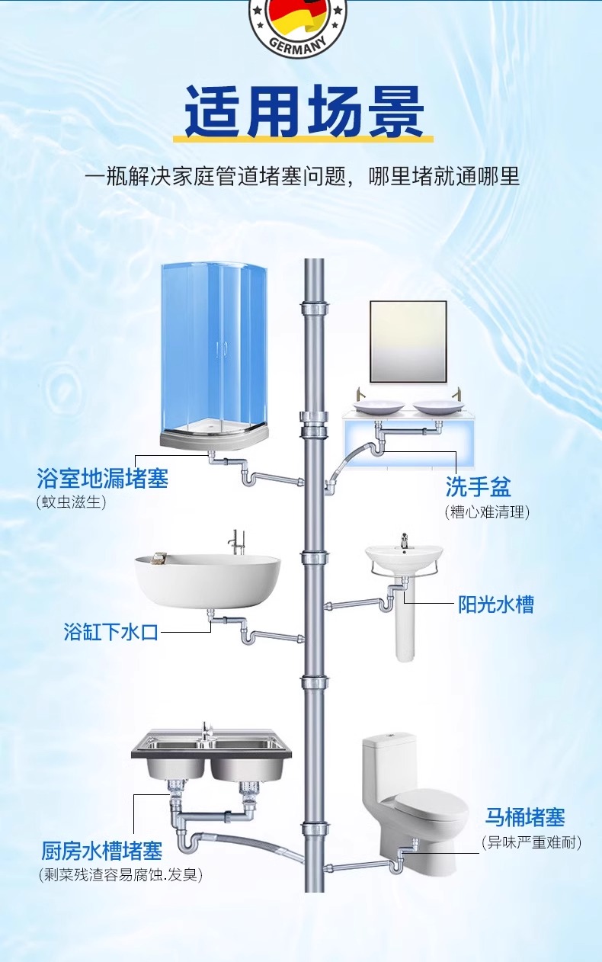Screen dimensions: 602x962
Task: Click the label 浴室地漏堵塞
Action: tap(102, 479)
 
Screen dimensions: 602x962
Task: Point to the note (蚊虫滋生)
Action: tap(71, 502)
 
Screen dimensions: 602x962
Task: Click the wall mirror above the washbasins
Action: tap(408, 342)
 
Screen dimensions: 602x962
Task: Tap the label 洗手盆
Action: tap(478, 486)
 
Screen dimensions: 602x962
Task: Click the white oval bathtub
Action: tap(207, 579)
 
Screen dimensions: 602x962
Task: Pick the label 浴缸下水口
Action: tap(111, 632)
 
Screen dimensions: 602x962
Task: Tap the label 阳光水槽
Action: tap(495, 604)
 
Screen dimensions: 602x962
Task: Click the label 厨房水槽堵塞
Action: tap(102, 850)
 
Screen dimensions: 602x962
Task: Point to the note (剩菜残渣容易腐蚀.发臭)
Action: tap(120, 874)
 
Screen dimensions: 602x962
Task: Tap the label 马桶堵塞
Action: tap(525, 818)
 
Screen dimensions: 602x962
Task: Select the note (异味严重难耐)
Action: tap(531, 842)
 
